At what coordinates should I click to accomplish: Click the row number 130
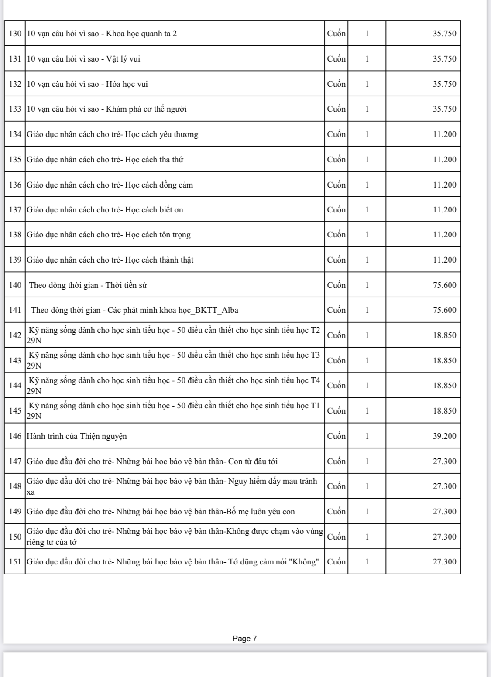coord(15,34)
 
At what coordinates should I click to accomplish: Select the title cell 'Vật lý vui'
coord(83,59)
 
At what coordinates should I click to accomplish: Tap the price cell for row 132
coord(444,84)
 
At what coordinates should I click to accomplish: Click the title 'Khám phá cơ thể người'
coord(106,109)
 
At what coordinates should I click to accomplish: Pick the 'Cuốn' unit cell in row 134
coord(336,134)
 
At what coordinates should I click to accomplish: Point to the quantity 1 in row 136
coord(367,185)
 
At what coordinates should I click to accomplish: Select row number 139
coord(15,260)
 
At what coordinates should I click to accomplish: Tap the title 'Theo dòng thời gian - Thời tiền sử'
coord(88,285)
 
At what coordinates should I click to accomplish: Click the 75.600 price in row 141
coord(444,310)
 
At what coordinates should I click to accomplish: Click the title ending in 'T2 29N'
coord(174,335)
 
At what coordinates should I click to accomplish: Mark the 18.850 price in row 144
coord(444,386)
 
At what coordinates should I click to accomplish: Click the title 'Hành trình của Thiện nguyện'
coord(77,436)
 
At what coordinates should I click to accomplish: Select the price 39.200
coord(444,436)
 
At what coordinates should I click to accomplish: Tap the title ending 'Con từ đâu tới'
coord(152,462)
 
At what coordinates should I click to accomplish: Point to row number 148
coord(15,486)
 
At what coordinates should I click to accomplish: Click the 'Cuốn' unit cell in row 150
coord(336,537)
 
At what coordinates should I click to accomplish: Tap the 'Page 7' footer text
coord(245,639)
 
